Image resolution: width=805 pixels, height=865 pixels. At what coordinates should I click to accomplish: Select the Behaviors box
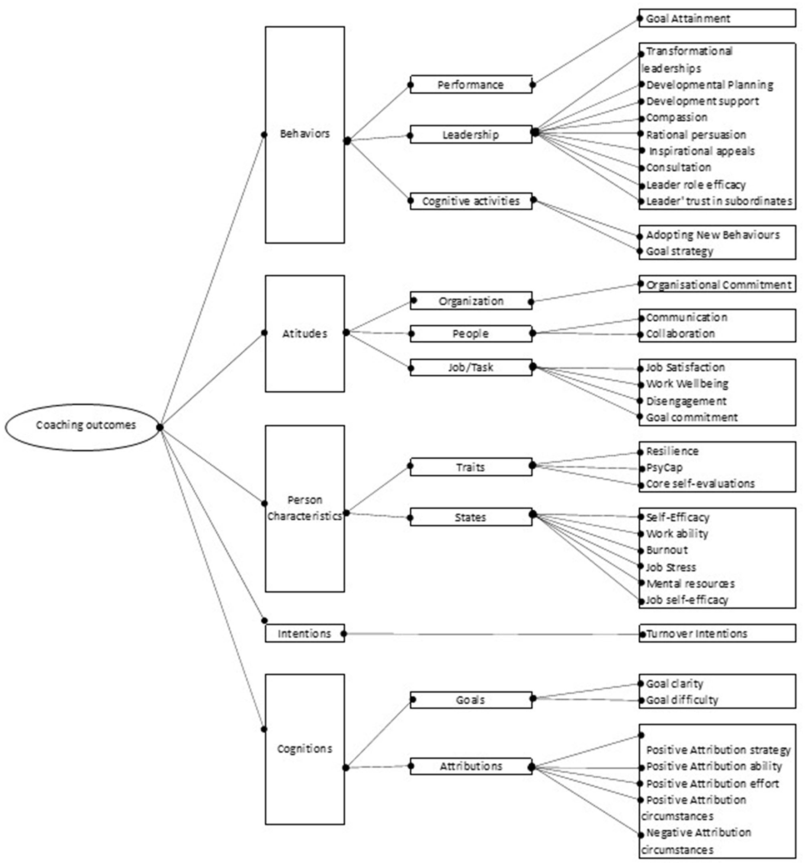click(304, 134)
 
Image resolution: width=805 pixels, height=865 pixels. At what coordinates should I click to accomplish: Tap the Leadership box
click(471, 135)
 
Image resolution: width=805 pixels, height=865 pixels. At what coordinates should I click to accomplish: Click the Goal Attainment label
click(688, 19)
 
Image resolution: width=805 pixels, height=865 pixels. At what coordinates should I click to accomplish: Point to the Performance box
click(471, 85)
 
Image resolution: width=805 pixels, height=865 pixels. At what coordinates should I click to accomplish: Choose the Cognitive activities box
click(471, 201)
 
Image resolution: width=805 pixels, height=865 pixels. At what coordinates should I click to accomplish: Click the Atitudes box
click(304, 333)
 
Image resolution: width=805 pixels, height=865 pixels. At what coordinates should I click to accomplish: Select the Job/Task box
click(471, 368)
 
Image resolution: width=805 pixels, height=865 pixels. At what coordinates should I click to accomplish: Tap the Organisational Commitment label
click(718, 285)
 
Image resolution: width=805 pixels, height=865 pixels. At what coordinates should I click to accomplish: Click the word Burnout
click(666, 550)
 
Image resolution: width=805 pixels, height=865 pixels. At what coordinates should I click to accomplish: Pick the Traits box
click(471, 467)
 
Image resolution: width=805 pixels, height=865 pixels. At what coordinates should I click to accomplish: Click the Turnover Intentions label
click(696, 633)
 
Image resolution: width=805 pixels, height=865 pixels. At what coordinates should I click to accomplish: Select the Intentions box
click(304, 633)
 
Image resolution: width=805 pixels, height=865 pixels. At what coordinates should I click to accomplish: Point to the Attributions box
click(471, 766)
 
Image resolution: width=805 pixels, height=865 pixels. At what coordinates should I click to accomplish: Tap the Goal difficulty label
click(682, 700)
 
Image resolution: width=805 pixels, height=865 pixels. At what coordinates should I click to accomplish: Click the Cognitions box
click(304, 749)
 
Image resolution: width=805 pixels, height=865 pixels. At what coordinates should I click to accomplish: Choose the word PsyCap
click(664, 467)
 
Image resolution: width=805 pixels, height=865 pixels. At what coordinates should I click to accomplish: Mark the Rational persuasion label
click(696, 135)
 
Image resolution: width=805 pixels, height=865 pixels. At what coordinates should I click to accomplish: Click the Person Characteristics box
click(304, 508)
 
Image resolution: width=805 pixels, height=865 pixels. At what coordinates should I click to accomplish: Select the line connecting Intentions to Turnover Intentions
click(491, 634)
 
